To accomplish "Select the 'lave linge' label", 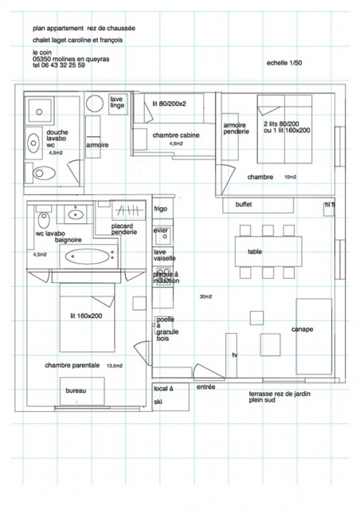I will click(x=117, y=102).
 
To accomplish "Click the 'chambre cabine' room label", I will click(x=176, y=135).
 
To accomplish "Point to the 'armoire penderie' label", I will click(x=237, y=128).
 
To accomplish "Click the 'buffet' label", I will click(x=244, y=205).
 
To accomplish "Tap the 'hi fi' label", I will click(x=329, y=205).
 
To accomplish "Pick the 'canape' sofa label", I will click(x=302, y=328).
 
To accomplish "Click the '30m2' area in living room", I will click(x=206, y=296).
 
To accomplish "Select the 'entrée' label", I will click(x=205, y=386).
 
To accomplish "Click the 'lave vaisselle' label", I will click(x=165, y=256).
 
